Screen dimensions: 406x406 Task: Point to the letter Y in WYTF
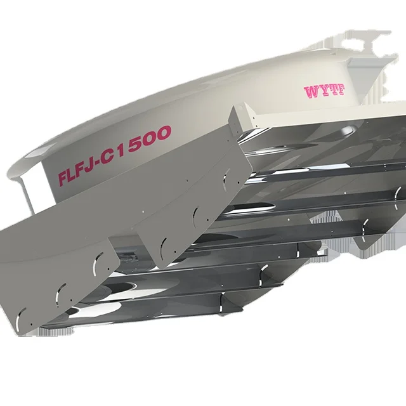[322, 91]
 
